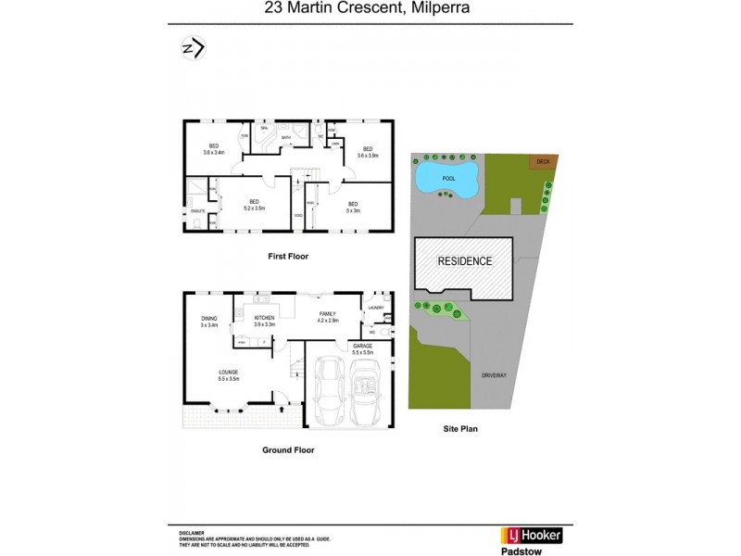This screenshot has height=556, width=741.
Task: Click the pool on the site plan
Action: coord(446,177)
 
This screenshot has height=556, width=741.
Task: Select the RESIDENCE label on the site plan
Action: coord(464,261)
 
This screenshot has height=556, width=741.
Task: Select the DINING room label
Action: coord(208,322)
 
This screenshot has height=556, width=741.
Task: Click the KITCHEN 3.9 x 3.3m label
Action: coord(265,322)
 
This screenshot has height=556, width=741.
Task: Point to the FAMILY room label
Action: coord(327,317)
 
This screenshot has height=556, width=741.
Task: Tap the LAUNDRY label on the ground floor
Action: coord(375,308)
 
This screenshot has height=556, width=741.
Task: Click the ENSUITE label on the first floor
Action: coord(197,212)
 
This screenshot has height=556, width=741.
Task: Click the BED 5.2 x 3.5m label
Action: coord(253,205)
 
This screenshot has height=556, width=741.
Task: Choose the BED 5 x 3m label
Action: coord(352,207)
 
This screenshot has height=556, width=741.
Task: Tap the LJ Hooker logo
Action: coord(531,535)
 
